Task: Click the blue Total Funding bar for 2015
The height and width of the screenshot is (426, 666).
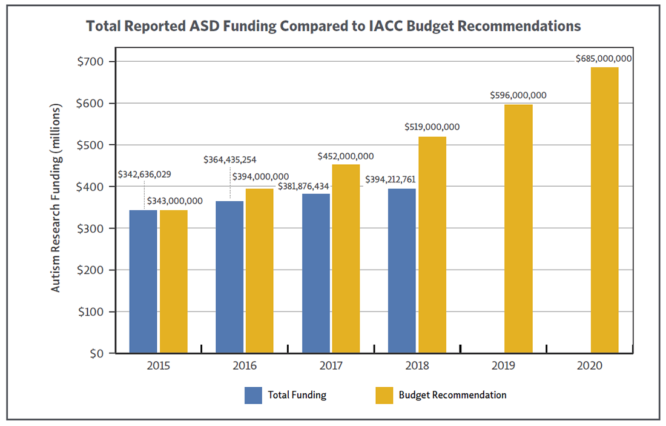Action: (x=143, y=281)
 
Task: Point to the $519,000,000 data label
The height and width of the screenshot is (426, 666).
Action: (x=432, y=127)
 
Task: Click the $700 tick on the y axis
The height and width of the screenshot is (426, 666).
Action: (x=91, y=62)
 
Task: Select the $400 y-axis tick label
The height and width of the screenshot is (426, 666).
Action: (x=91, y=187)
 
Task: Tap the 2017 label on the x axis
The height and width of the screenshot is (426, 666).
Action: (x=331, y=366)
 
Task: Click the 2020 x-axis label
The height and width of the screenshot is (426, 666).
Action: (x=590, y=366)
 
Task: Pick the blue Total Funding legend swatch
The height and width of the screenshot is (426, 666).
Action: (x=253, y=395)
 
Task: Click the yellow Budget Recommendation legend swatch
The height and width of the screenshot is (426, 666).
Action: (x=384, y=395)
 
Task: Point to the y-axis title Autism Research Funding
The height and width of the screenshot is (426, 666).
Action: (x=56, y=199)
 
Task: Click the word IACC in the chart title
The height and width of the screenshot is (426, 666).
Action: (x=392, y=26)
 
